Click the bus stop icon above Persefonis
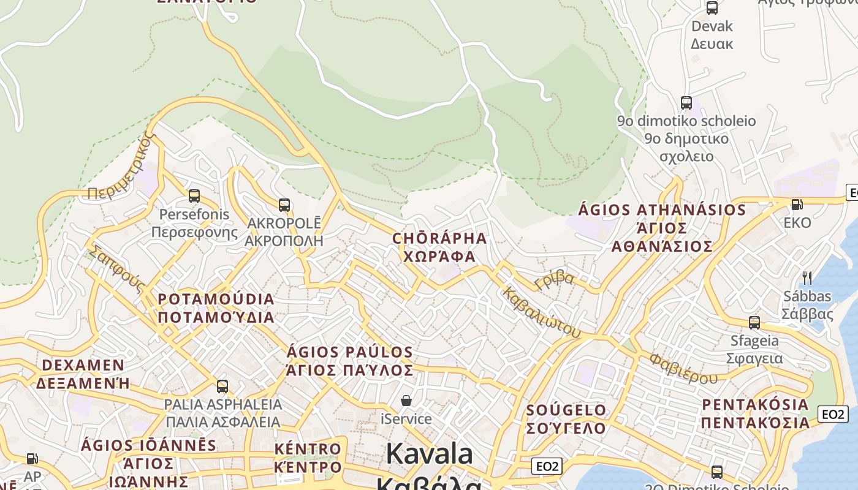click(194, 196)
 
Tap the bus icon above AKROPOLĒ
click(284, 205)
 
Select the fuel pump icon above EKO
click(797, 205)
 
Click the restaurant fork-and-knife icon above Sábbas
click(807, 278)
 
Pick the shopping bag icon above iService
click(406, 401)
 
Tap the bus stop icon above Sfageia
click(754, 322)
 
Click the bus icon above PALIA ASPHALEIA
click(222, 386)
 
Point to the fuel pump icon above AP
click(32, 458)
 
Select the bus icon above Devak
click(712, 8)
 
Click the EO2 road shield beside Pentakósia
click(833, 414)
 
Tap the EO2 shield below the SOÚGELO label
click(547, 466)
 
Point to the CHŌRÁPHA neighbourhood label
click(439, 238)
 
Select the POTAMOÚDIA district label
click(216, 300)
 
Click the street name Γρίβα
click(555, 281)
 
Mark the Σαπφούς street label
click(117, 269)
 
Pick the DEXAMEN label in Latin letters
click(83, 366)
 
